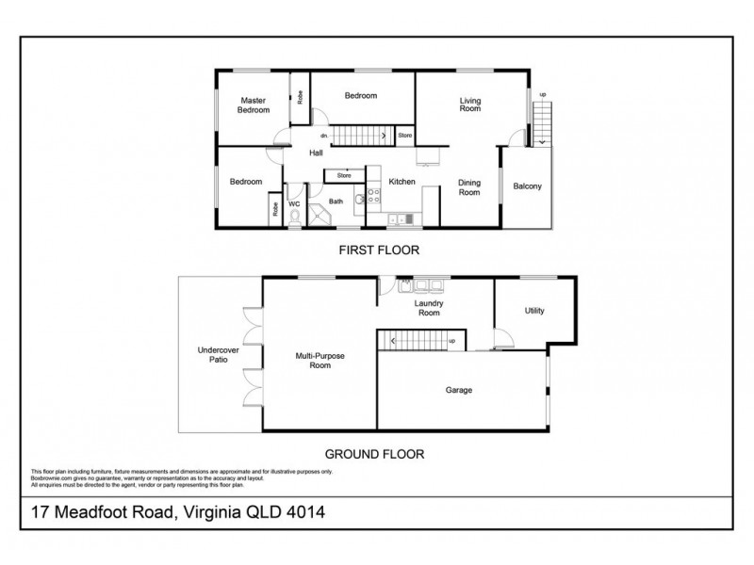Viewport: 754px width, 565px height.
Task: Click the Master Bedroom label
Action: (253, 105)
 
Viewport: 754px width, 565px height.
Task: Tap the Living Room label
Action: (469, 105)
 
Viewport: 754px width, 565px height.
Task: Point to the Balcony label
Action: (527, 186)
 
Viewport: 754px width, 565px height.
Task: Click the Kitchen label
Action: (402, 182)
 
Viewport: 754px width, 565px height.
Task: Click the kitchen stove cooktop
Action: (373, 197)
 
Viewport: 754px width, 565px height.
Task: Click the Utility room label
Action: (534, 311)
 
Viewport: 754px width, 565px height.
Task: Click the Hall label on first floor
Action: (316, 153)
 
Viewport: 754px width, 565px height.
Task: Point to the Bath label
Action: (336, 201)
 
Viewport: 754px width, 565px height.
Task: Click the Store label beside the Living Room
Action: (404, 136)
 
